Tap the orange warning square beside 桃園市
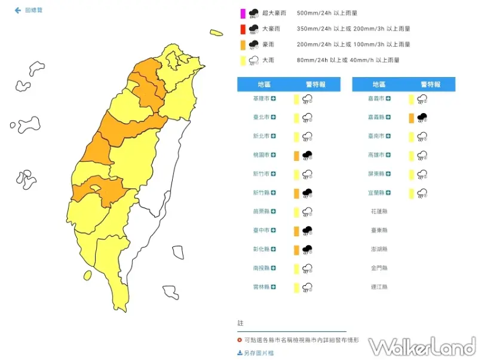point(296,155)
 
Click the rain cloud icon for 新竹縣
point(307,193)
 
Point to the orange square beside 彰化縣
point(296,249)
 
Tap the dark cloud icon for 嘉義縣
point(422,118)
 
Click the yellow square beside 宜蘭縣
point(412,193)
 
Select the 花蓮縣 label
point(379,212)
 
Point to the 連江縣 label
point(379,287)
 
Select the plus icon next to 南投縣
point(273,269)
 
